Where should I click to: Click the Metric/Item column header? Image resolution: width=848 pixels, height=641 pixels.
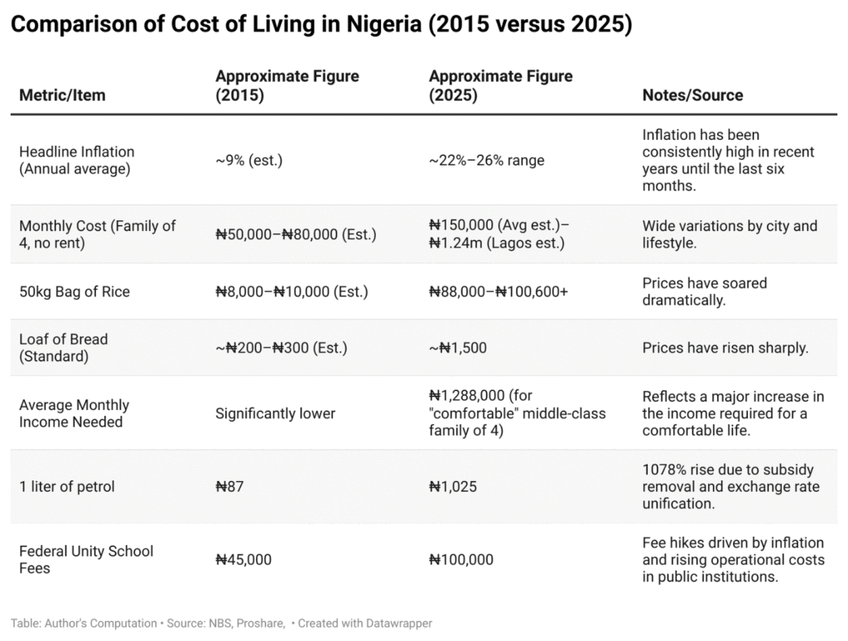coord(62,95)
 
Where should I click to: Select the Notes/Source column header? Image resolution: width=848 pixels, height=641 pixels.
coord(692,95)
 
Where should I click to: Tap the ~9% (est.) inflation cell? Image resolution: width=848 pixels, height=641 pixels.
coord(248,160)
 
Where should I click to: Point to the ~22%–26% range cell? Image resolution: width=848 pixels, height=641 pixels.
coord(486,160)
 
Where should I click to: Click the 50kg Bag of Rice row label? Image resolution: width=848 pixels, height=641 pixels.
coord(75,292)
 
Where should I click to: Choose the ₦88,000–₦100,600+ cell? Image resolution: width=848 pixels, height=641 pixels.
coord(499,292)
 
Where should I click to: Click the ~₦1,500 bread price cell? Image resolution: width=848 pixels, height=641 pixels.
coord(458,348)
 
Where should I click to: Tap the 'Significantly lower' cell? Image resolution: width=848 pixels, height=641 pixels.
coord(275,413)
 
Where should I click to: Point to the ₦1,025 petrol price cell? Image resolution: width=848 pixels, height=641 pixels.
coord(456,487)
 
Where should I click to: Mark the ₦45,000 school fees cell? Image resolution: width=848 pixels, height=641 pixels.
coord(243,560)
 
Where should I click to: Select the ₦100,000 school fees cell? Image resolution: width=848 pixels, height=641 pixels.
coord(460,560)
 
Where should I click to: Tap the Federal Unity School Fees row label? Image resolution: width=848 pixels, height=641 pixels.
coord(86,560)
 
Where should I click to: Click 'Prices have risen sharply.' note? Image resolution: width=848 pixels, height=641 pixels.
coord(725,348)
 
